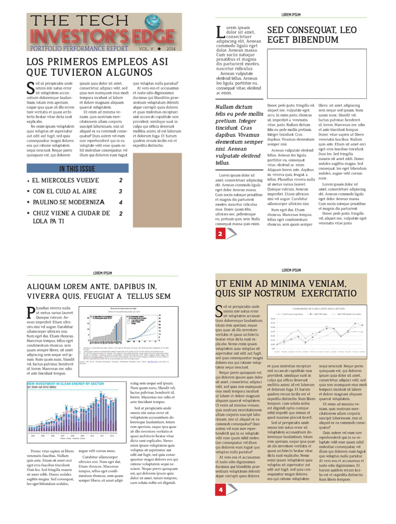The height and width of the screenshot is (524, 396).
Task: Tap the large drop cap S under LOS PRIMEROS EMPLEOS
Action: click(x=31, y=88)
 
